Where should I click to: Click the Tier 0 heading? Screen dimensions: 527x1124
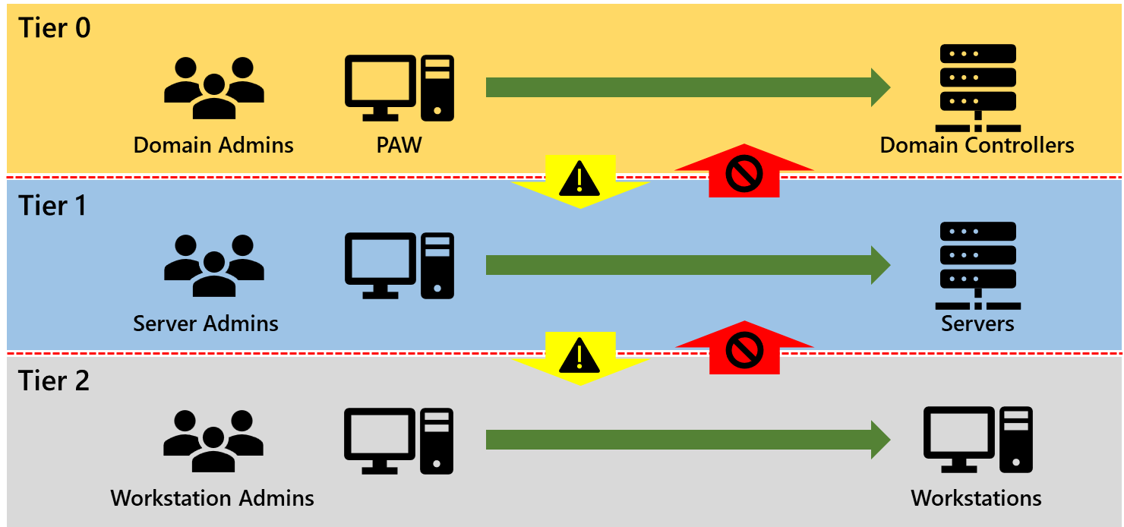(55, 27)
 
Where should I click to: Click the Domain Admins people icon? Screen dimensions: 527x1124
(214, 88)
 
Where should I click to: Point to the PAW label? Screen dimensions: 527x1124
(399, 145)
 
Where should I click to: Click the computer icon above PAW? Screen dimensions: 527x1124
(399, 88)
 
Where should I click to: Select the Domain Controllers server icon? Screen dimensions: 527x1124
(977, 88)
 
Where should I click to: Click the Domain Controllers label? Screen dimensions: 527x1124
(977, 145)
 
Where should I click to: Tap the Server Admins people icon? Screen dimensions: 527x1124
(214, 265)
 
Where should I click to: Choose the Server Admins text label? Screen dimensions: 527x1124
(206, 323)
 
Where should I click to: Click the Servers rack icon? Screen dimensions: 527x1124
(977, 265)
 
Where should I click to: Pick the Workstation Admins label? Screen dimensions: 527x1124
(213, 499)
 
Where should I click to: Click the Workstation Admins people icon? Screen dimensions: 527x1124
(214, 441)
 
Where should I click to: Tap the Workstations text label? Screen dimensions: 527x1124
(976, 499)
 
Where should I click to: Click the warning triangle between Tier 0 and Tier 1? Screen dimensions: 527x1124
(579, 180)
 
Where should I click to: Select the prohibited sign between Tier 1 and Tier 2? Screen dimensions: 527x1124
(744, 351)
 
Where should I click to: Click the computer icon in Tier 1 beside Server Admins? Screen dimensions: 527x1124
(399, 265)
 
